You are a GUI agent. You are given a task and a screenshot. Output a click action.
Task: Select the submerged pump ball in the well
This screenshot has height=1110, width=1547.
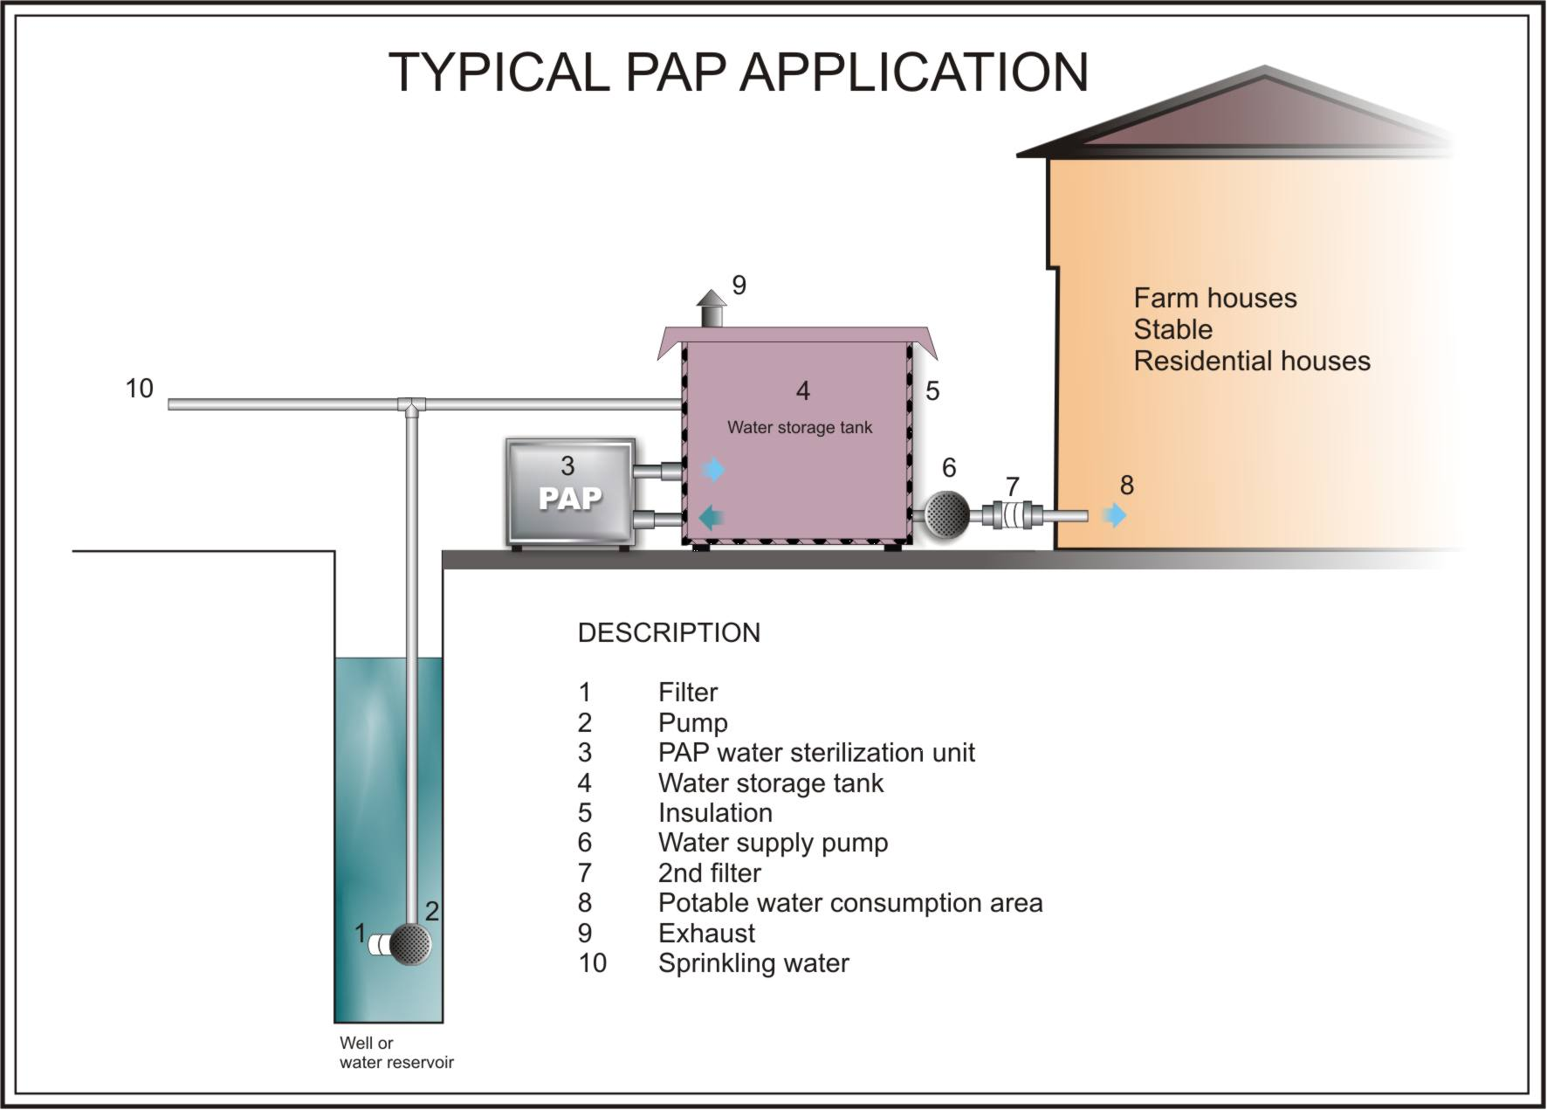click(410, 944)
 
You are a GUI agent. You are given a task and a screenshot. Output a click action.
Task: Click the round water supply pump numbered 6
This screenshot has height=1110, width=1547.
click(945, 515)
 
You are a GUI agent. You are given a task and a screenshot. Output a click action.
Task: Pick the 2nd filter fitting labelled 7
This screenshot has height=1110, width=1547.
click(1012, 515)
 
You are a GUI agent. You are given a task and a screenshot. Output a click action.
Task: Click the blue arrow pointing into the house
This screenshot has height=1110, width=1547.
click(1114, 515)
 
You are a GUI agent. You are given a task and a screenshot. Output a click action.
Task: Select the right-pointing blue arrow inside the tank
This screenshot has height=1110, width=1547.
click(713, 470)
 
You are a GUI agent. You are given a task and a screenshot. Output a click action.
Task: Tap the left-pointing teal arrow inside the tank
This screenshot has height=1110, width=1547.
click(712, 517)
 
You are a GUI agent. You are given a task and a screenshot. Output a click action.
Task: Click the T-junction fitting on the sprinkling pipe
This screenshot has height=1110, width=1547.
click(410, 405)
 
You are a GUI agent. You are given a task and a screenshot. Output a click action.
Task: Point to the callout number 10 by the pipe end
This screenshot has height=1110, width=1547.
click(140, 389)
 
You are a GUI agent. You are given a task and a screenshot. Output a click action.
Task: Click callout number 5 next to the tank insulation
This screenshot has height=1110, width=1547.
click(932, 391)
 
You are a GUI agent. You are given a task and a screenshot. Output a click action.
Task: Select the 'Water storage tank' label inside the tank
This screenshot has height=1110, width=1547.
click(800, 428)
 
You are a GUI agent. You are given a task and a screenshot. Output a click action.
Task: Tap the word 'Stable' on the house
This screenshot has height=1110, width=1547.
click(1172, 330)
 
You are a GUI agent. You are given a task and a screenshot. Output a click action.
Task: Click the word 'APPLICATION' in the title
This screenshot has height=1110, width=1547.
click(914, 72)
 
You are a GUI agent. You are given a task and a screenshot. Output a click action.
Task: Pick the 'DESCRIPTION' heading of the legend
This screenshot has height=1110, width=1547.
click(669, 633)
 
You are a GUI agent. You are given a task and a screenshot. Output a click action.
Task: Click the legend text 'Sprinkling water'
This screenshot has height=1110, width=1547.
click(753, 963)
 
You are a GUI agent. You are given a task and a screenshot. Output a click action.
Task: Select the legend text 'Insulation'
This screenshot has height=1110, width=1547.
click(715, 813)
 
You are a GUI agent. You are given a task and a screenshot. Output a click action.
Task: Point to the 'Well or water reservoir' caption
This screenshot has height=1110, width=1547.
click(396, 1052)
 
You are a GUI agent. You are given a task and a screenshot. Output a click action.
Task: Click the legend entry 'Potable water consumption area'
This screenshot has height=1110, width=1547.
click(850, 903)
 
